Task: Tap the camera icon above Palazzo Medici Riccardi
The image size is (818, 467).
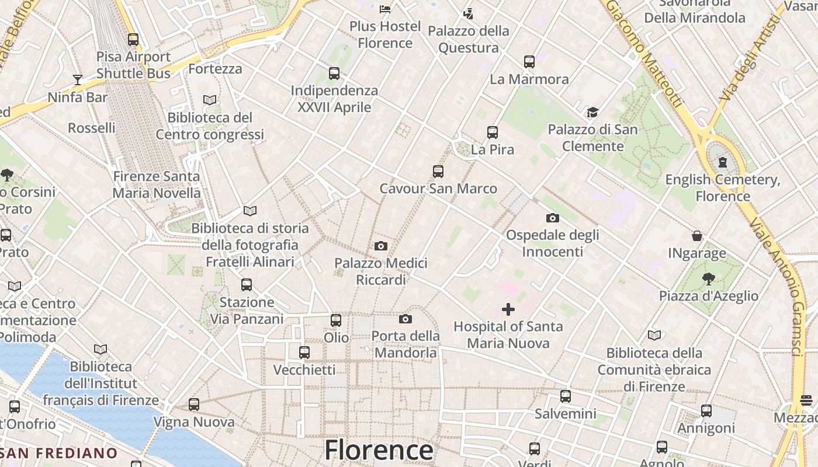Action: pyautogui.click(x=381, y=246)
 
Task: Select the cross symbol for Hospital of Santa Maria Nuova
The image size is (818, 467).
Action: pyautogui.click(x=508, y=309)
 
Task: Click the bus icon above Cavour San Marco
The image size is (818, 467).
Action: pyautogui.click(x=438, y=172)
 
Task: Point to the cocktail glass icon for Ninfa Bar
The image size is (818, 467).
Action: pyautogui.click(x=77, y=79)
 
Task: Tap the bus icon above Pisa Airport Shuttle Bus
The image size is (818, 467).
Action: pyautogui.click(x=133, y=40)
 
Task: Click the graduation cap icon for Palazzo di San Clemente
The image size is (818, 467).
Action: pyautogui.click(x=592, y=112)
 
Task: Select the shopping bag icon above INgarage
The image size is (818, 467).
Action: pyautogui.click(x=697, y=236)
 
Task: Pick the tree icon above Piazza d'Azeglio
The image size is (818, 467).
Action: pyautogui.click(x=709, y=278)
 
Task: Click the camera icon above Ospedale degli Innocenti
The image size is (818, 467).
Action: pyautogui.click(x=552, y=218)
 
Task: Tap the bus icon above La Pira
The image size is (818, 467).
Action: pyautogui.click(x=493, y=133)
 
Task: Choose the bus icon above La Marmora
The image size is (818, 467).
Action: pyautogui.click(x=529, y=62)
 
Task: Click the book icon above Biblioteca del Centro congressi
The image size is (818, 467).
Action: pyautogui.click(x=210, y=100)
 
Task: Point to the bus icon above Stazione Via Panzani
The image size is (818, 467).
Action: pyautogui.click(x=247, y=285)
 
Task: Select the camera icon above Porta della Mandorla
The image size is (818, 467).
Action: pyautogui.click(x=405, y=319)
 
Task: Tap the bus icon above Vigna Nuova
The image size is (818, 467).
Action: pyautogui.click(x=194, y=405)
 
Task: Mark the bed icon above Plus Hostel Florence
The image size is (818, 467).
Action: pyautogui.click(x=385, y=9)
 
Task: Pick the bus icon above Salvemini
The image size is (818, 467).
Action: pyautogui.click(x=566, y=396)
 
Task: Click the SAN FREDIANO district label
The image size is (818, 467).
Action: pyautogui.click(x=59, y=453)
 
